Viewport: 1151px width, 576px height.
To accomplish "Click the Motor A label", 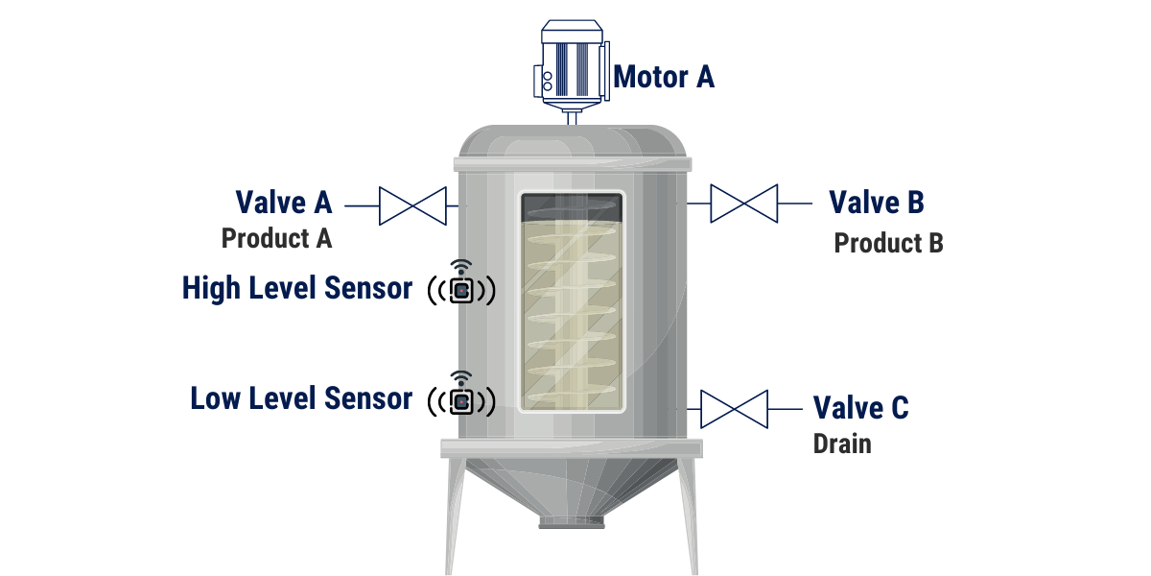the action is [664, 77].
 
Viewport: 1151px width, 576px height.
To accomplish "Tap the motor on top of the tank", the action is [572, 63].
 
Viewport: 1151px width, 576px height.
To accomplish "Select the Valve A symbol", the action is [412, 205].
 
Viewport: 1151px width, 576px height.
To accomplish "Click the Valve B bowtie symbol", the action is [744, 204].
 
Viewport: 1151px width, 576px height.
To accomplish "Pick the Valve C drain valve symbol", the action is [735, 409].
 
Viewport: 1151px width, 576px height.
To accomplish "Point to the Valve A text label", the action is [284, 203].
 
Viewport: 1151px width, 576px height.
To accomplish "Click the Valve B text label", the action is [877, 202].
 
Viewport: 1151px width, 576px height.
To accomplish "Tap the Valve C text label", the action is [860, 408].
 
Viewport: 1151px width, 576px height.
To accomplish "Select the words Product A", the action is [276, 238].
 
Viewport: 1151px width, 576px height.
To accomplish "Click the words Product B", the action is [888, 243].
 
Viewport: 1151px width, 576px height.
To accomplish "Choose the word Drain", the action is [842, 444].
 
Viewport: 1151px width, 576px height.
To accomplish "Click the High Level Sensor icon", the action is [461, 284].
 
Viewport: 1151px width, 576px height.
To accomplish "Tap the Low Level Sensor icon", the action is [461, 395].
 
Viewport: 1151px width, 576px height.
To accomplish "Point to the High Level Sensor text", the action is [297, 288].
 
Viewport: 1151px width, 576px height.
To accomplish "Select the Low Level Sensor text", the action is [301, 398].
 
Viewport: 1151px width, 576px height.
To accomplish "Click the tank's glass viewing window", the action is [572, 301].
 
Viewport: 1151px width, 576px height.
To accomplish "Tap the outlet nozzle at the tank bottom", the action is [572, 523].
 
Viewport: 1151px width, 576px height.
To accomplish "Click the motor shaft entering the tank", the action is [572, 118].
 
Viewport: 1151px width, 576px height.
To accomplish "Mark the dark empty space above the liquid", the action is [572, 207].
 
